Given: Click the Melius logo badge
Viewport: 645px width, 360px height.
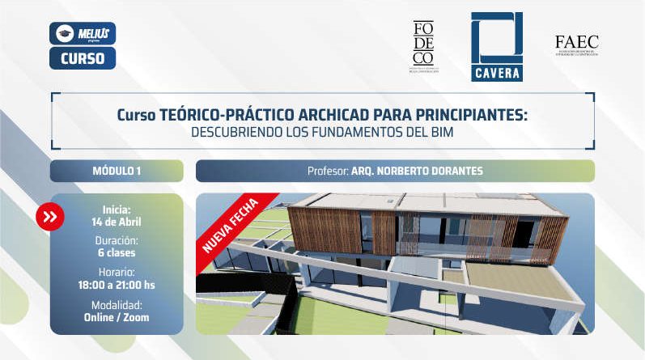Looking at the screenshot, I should pyautogui.click(x=82, y=33).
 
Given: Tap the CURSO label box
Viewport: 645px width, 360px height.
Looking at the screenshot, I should pyautogui.click(x=82, y=58).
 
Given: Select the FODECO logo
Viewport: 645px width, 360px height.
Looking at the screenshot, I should pyautogui.click(x=423, y=45).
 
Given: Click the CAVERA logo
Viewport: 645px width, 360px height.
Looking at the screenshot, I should pyautogui.click(x=496, y=47).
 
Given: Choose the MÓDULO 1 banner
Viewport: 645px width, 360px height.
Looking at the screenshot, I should pyautogui.click(x=117, y=171).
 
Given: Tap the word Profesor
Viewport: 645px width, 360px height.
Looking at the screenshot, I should pyautogui.click(x=327, y=172).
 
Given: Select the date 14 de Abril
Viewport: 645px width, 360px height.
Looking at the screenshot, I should pyautogui.click(x=117, y=222).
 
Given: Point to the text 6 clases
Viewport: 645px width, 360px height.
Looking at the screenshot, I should pyautogui.click(x=117, y=253).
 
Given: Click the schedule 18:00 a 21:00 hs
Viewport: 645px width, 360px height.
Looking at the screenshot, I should pyautogui.click(x=117, y=285).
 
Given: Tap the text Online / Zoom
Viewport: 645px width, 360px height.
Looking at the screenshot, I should pyautogui.click(x=117, y=317).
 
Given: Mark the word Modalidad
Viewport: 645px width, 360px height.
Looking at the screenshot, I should pyautogui.click(x=117, y=305).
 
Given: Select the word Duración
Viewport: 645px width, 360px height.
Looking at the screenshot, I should pyautogui.click(x=117, y=241).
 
